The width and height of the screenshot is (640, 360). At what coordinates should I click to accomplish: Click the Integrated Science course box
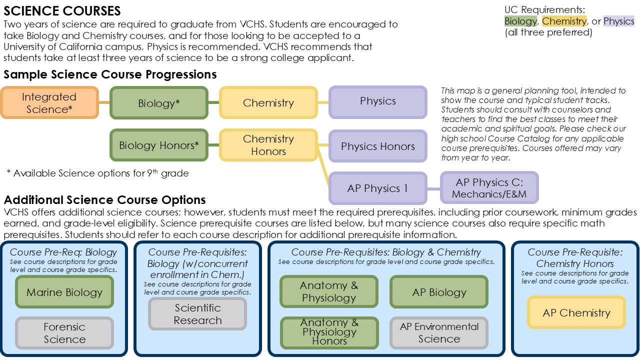[x=49, y=103]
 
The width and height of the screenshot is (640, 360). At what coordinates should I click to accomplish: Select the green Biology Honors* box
[x=159, y=145]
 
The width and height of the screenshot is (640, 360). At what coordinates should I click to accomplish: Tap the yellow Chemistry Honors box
[x=268, y=145]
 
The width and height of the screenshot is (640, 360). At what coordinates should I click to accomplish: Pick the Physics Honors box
[x=378, y=146]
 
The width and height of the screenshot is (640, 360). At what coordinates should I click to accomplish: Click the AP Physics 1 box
[x=378, y=188]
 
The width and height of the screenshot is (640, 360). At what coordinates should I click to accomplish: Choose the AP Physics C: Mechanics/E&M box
[x=489, y=188]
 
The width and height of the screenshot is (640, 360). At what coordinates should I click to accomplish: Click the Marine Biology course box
[x=64, y=292]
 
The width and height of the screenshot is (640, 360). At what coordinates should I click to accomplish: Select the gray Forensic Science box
[x=64, y=333]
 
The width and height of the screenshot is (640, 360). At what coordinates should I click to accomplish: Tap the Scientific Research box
[x=197, y=314]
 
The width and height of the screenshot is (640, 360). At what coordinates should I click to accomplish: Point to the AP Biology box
[x=439, y=292]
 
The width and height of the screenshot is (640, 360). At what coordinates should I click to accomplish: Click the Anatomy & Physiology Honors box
[x=329, y=332]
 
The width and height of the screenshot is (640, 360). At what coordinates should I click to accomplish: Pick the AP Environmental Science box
[x=439, y=332]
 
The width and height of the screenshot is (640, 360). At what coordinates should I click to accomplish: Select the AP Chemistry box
[x=576, y=312]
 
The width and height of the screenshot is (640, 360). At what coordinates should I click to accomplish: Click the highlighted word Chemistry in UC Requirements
[x=564, y=21]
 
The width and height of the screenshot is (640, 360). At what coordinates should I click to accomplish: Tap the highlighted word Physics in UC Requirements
[x=618, y=21]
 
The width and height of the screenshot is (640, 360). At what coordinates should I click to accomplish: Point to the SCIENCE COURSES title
[x=62, y=10]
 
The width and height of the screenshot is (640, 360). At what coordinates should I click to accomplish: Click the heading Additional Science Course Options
[x=105, y=200]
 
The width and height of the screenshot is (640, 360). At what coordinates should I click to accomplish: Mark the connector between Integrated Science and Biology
[x=104, y=103]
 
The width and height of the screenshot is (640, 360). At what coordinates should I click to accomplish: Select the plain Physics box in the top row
[x=378, y=101]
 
